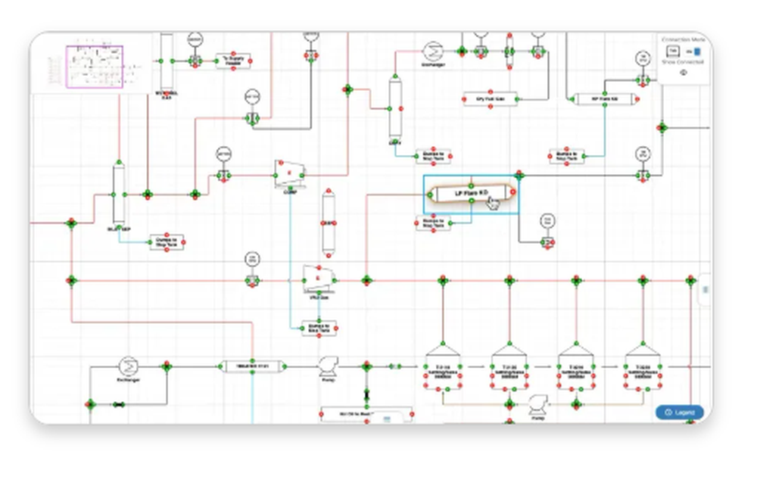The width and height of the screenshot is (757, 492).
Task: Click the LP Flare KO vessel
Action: pos(470,194)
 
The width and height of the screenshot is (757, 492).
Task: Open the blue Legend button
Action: pos(680,413)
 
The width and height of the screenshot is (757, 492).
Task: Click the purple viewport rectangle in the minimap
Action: pos(95,67)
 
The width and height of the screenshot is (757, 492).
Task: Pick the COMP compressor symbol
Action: pos(288,174)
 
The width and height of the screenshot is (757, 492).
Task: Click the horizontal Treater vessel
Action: pos(253,366)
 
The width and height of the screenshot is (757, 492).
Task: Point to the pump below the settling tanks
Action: pos(537,403)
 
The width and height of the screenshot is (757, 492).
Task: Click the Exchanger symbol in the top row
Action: pos(432,51)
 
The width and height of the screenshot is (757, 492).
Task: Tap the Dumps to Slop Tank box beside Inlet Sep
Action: pos(167,242)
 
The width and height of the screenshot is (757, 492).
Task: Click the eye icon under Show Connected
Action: pos(683,73)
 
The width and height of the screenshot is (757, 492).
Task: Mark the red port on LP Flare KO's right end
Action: pos(512,193)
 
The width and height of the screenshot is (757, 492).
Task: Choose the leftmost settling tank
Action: pos(443,369)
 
